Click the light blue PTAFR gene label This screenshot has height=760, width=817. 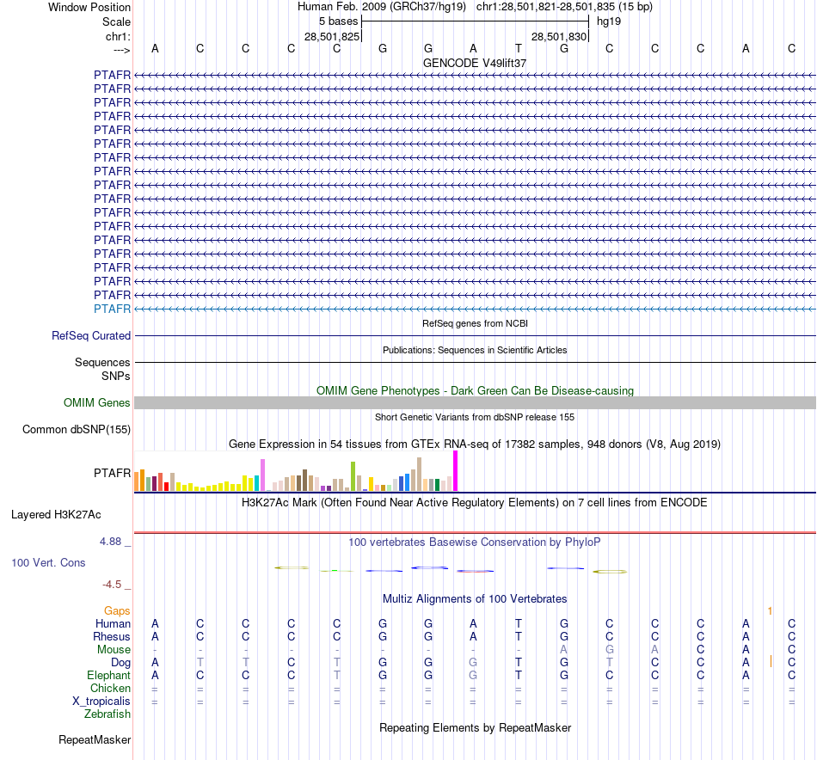pos(113,309)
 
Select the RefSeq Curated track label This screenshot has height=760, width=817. pos(91,336)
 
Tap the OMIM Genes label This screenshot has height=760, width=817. pos(97,402)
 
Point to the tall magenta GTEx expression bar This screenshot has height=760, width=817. pos(455,471)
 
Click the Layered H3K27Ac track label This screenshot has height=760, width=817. pos(56,515)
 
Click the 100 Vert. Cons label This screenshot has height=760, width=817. pos(48,562)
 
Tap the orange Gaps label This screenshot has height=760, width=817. pos(117,610)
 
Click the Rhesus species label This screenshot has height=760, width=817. pos(112,636)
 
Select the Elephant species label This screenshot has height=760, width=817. pos(109,676)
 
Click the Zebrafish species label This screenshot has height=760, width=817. pos(107,714)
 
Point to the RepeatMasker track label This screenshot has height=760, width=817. pos(95,739)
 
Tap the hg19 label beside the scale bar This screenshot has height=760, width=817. pos(609,20)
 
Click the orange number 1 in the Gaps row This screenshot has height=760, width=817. pos(771,610)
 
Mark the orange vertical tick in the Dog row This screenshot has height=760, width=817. pos(771,661)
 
